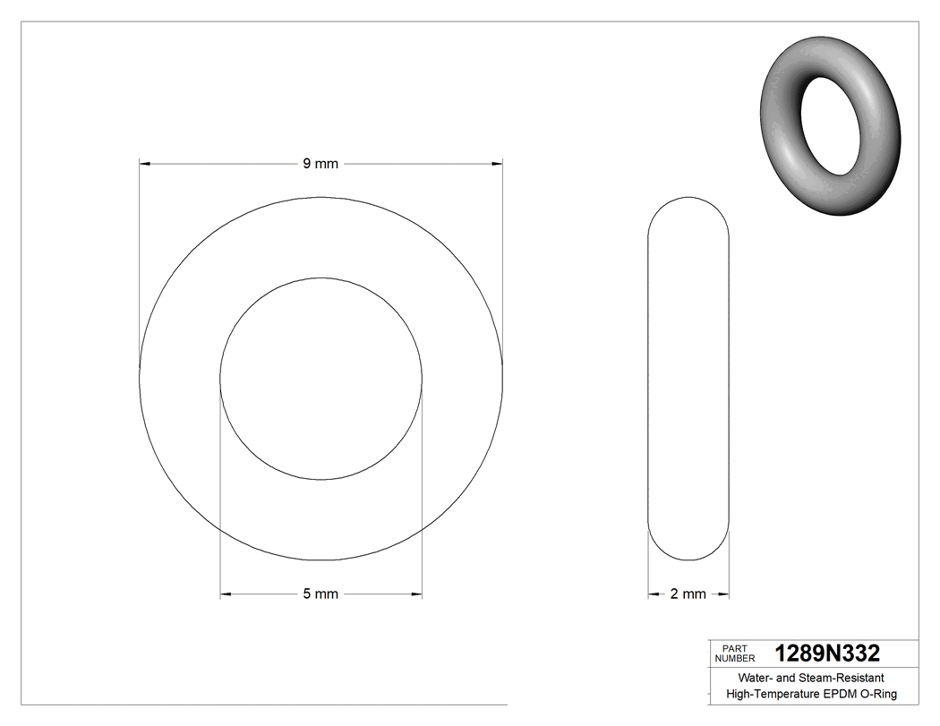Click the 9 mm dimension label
[320, 164]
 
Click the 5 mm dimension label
[320, 594]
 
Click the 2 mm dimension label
[688, 594]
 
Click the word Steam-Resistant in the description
[842, 678]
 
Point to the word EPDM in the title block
[840, 694]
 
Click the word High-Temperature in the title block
[773, 694]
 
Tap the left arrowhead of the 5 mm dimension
[226, 594]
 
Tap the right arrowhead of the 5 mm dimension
[416, 594]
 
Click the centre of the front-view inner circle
[320, 378]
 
